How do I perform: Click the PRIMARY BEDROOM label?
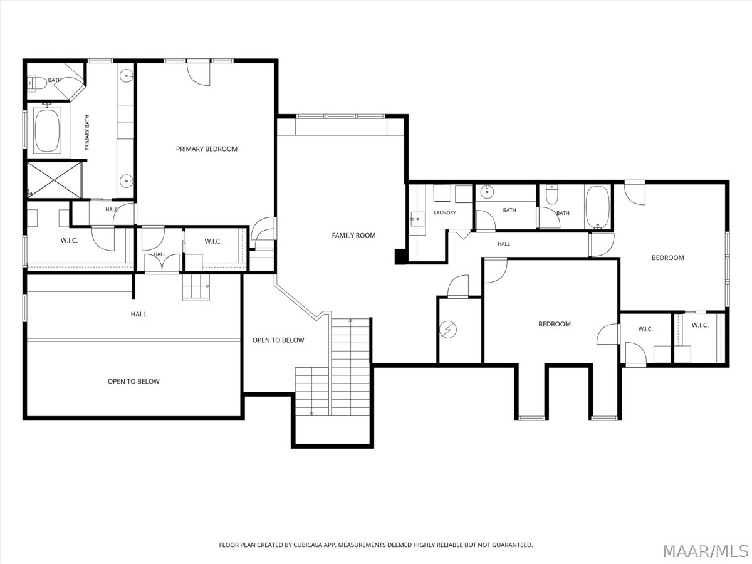207,149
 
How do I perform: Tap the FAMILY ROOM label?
353,235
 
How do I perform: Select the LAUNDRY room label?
445,212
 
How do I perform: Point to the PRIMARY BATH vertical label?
87,132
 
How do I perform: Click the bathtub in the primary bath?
47,130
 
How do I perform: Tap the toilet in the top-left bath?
37,83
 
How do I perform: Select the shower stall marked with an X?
54,180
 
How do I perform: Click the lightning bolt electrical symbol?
448,330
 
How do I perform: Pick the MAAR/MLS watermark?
706,551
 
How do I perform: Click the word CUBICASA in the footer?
308,545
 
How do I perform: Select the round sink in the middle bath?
486,192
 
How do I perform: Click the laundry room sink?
417,219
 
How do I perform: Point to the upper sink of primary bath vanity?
127,75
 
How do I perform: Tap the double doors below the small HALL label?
162,263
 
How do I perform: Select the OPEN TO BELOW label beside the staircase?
278,340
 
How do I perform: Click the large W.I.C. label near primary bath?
69,241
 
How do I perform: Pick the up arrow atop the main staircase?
350,321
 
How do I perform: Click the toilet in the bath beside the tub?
552,194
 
